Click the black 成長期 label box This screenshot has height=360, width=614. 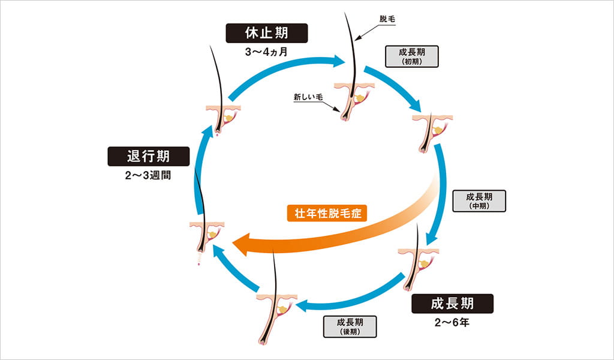pyautogui.click(x=452, y=303)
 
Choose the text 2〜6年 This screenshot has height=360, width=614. pyautogui.click(x=452, y=323)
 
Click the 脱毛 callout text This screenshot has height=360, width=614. pyautogui.click(x=388, y=19)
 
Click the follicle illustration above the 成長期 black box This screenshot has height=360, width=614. pyautogui.click(x=419, y=261)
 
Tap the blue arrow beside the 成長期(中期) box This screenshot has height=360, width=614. pyautogui.click(x=442, y=192)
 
